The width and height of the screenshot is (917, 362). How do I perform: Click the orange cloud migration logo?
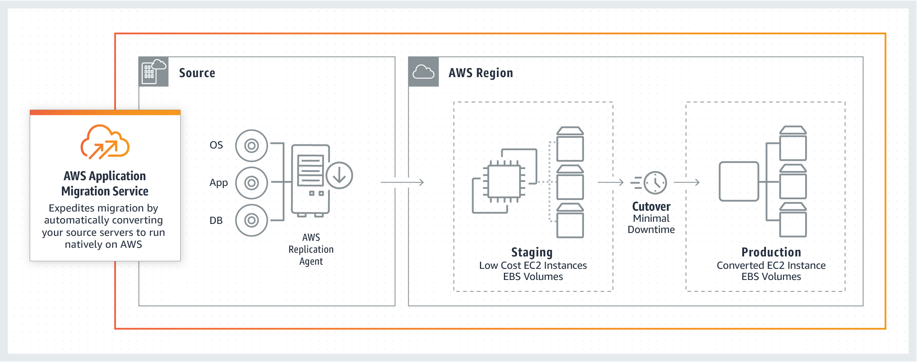105,142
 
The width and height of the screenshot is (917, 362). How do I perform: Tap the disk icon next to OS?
251,146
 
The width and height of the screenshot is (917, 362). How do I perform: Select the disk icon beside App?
251,183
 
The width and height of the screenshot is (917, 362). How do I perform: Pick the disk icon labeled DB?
251,220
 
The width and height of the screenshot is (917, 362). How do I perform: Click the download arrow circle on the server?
339,175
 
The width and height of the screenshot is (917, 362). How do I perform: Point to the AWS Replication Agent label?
311,249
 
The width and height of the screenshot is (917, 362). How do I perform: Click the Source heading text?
197,73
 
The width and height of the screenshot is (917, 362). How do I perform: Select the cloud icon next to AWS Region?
423,72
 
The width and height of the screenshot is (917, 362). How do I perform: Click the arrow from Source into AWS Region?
402,182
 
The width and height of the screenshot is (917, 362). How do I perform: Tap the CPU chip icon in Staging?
504,182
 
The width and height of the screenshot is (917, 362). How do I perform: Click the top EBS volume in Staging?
570,144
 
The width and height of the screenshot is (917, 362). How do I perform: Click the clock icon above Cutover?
655,182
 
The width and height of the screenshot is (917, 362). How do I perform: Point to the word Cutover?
651,207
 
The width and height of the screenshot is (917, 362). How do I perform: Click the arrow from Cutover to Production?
687,182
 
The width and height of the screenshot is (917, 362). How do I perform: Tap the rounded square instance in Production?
739,181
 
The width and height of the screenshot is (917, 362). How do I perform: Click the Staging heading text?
532,252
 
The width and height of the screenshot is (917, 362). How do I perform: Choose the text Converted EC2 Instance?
771,266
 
